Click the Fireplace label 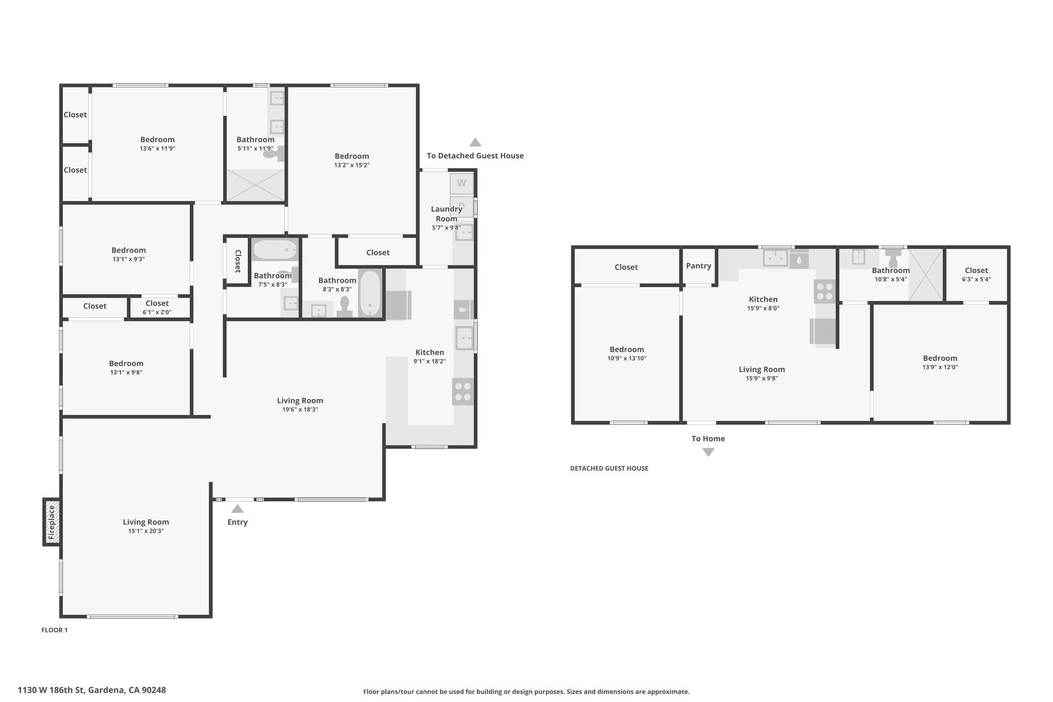51,522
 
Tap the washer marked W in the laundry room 461,184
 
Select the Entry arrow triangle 237,509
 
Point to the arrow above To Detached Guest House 475,142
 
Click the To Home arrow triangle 709,452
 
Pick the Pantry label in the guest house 698,266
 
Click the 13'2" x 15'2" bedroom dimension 352,165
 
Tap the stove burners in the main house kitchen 463,391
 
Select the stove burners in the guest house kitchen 824,292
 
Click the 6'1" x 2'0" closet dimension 157,312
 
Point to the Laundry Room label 446,213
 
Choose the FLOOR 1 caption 55,630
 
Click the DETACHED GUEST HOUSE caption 609,469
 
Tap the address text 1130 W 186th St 51,690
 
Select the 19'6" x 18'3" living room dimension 300,410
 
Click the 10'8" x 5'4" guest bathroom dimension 891,280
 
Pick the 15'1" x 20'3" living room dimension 146,531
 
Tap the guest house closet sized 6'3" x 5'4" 976,275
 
